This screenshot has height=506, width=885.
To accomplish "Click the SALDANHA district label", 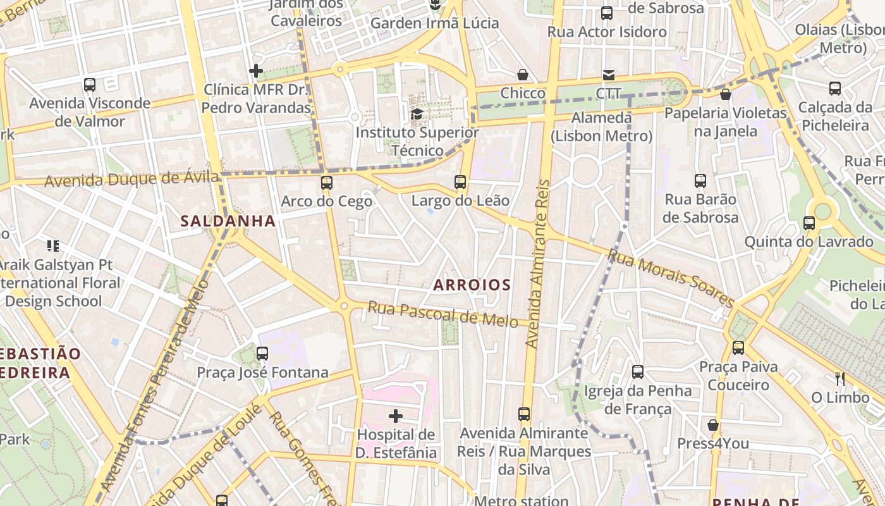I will pos(228,221).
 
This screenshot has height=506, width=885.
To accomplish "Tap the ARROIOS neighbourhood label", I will pos(472,285).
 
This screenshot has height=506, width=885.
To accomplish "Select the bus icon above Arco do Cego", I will pos(326,183).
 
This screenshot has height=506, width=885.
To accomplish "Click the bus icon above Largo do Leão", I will pos(460,182).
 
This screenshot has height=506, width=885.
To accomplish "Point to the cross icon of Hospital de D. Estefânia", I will pos(396,416).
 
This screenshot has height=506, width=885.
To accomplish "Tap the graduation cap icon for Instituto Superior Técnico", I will pos(417,114).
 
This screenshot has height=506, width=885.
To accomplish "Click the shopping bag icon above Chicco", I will pos(523,75).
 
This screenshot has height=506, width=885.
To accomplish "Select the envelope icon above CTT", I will pos(608,75).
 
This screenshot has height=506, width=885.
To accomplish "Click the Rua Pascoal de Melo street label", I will pos(448,314).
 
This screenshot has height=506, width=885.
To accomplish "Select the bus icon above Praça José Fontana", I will pos(262,353).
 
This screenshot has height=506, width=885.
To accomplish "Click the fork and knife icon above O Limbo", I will pos(840,378).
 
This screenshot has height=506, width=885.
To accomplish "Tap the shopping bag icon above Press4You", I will pos(713,425).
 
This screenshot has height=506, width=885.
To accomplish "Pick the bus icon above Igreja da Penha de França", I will pos(638,371).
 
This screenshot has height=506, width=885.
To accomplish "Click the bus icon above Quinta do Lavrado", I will pos(809,223).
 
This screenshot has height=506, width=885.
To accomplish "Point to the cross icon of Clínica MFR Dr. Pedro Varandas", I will pos(256,71).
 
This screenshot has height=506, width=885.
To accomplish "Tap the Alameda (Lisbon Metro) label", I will pos(601,127).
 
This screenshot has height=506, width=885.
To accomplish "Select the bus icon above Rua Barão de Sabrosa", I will pos(700,181).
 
